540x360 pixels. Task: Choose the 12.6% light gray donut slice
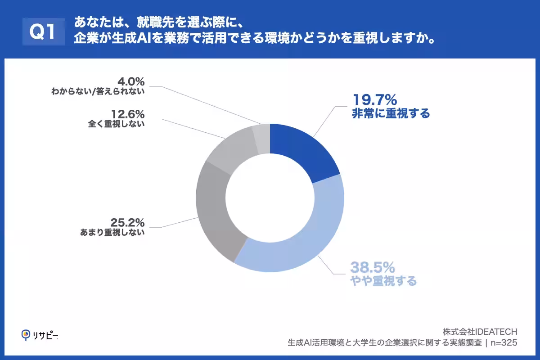[x=229, y=148]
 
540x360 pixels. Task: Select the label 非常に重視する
[x=391, y=113]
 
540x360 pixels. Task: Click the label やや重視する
[x=383, y=281]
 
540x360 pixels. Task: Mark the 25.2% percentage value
[x=127, y=222]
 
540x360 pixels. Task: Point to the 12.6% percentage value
[x=127, y=113]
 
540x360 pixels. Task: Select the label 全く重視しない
[x=117, y=124]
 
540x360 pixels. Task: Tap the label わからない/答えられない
[x=98, y=92]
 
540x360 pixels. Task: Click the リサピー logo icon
[x=26, y=334]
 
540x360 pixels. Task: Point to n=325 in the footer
[x=504, y=343]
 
